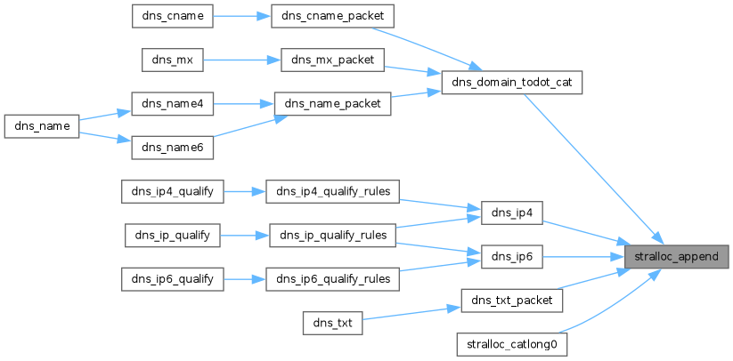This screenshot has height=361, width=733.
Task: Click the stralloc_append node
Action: tap(676, 257)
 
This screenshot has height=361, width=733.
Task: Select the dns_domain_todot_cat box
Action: tap(511, 83)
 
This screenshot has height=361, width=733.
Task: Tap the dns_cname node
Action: tap(173, 16)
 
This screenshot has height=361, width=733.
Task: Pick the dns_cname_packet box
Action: tap(333, 16)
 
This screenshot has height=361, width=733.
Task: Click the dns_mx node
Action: tap(173, 60)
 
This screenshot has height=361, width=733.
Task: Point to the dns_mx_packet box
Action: tap(332, 60)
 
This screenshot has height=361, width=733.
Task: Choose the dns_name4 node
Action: tap(173, 103)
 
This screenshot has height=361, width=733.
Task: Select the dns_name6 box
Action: tap(173, 148)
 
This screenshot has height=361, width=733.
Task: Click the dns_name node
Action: tap(42, 125)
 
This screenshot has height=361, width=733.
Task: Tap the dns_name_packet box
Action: tap(332, 103)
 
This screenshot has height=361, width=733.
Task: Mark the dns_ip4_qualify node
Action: tap(173, 191)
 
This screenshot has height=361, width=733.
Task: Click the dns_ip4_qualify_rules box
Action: tap(332, 191)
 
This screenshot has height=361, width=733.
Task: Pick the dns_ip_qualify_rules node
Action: tap(332, 235)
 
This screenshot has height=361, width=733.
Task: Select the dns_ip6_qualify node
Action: tap(173, 279)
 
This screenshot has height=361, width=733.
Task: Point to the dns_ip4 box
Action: tap(511, 213)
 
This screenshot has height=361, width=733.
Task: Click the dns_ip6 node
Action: tap(511, 257)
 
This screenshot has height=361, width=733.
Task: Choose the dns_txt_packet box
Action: tap(511, 301)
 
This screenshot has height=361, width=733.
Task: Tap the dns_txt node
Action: tap(332, 322)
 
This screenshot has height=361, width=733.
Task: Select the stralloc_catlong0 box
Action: tap(511, 345)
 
